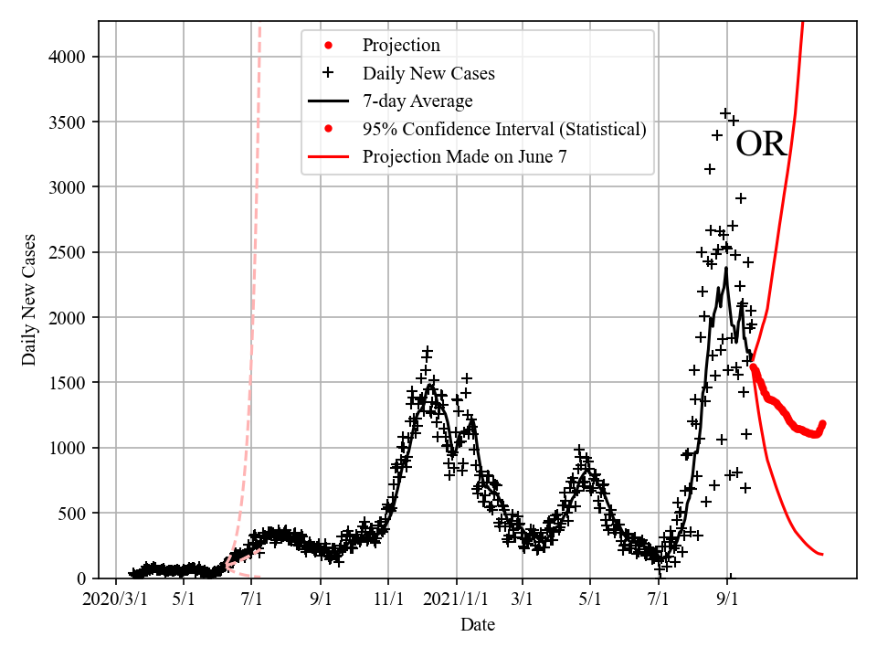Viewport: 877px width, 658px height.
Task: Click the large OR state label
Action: click(761, 144)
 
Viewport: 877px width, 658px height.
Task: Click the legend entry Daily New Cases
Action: click(428, 73)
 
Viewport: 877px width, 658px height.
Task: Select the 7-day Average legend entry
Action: click(417, 101)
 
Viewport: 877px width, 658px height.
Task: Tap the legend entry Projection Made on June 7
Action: click(464, 156)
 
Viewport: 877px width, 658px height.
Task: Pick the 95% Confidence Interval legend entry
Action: click(504, 129)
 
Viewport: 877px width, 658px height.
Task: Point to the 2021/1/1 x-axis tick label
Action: click(457, 601)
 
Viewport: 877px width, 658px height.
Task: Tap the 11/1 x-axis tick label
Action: click(388, 601)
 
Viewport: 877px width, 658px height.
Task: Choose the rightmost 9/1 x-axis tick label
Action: click(728, 601)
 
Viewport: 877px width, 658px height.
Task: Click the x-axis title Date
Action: click(478, 625)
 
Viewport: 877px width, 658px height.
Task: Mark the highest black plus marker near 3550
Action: click(725, 113)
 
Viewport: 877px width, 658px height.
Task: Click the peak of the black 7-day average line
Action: click(726, 268)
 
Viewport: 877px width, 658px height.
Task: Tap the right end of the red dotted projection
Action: click(822, 423)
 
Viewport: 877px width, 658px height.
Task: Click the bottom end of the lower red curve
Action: click(822, 554)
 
